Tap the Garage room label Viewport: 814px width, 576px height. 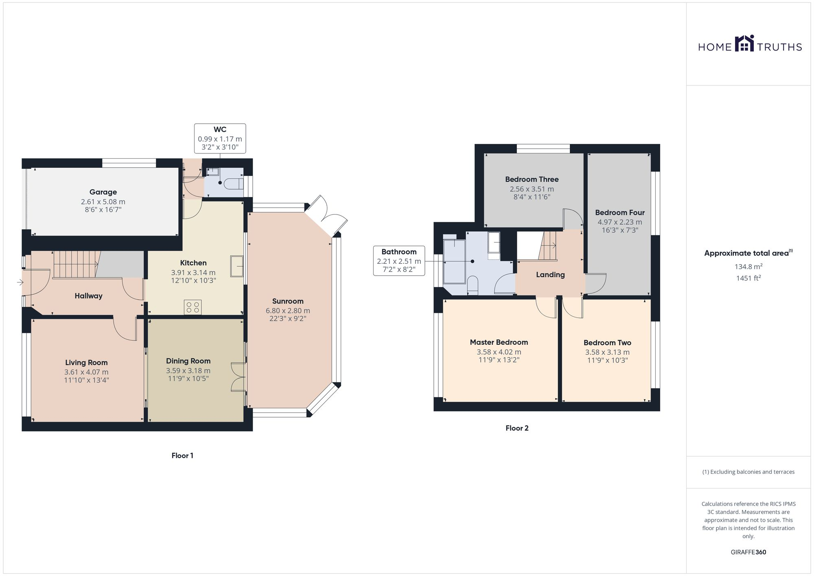pyautogui.click(x=103, y=192)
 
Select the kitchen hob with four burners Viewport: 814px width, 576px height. pyautogui.click(x=193, y=307)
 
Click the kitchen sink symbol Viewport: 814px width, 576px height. pyautogui.click(x=236, y=266)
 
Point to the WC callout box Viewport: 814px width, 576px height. pyautogui.click(x=220, y=138)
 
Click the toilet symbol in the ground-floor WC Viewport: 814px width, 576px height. pyautogui.click(x=234, y=183)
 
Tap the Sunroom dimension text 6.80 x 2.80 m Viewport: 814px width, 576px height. pyautogui.click(x=288, y=311)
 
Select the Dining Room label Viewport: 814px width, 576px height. pyautogui.click(x=188, y=361)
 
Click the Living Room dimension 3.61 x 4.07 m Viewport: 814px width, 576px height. pyautogui.click(x=86, y=372)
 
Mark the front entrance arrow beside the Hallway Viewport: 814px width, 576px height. pyautogui.click(x=20, y=282)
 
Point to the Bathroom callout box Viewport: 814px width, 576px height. pyautogui.click(x=399, y=261)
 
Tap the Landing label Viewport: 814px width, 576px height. pyautogui.click(x=550, y=275)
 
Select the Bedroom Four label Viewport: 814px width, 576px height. pyautogui.click(x=619, y=212)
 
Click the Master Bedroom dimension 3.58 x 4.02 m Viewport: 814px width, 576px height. pyautogui.click(x=499, y=352)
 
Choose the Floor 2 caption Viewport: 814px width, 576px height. pyautogui.click(x=517, y=428)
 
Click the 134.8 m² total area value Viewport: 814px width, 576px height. pyautogui.click(x=748, y=267)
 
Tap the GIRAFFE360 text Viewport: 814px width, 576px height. pyautogui.click(x=748, y=552)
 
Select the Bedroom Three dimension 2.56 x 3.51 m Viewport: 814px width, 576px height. pyautogui.click(x=532, y=189)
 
